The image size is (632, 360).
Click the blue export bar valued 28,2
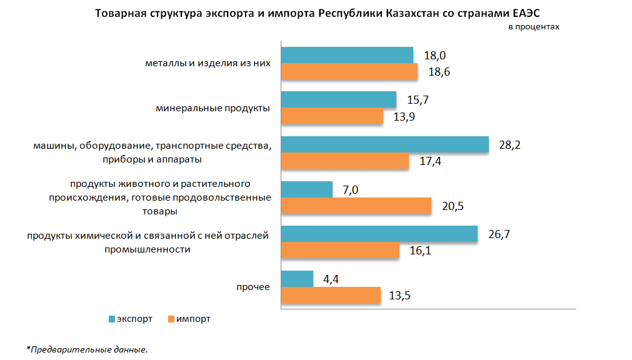point(384,144)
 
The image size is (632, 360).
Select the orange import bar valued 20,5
point(356,206)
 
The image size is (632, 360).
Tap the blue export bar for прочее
point(297,279)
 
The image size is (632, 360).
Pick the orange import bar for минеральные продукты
point(331,116)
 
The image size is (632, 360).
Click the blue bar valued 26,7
point(379,234)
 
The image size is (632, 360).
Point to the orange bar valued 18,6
point(349,72)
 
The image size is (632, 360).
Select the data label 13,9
point(403,117)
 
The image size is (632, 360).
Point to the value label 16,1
point(420,251)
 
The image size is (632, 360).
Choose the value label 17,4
point(429,161)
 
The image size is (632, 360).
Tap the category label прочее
point(253,287)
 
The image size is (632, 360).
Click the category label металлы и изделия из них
point(208,63)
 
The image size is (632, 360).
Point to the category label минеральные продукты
point(213,108)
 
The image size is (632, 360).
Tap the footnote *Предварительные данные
point(87,349)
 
